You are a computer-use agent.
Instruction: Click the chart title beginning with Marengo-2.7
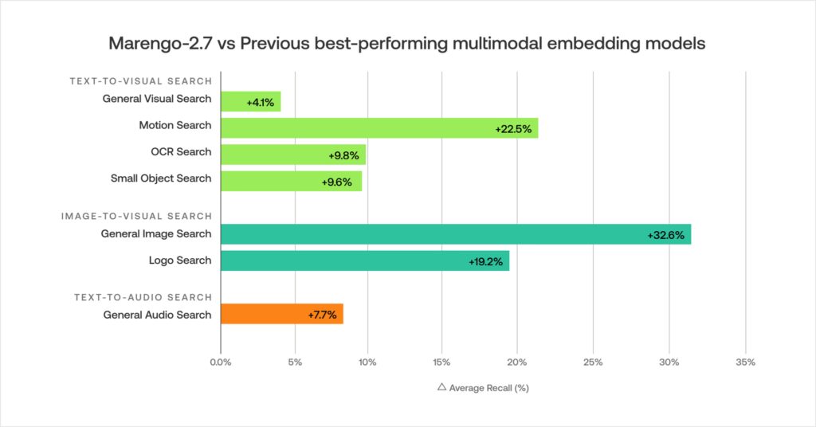[x=407, y=44]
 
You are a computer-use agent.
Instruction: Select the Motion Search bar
[x=379, y=127]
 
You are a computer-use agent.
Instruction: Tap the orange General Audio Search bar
[x=281, y=314]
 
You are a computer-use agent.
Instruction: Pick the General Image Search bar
[x=455, y=234]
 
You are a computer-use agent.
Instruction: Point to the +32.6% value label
[x=665, y=235]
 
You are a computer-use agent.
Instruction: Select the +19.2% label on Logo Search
[x=485, y=261]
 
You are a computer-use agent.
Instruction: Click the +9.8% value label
[x=343, y=155]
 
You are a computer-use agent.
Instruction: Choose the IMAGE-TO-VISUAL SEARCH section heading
[x=137, y=216]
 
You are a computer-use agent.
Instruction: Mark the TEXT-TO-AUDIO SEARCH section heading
[x=143, y=297]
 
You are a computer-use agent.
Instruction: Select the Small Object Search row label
[x=161, y=178]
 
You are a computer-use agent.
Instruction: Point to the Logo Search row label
[x=180, y=261]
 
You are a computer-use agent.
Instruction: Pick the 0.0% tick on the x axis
[x=220, y=362]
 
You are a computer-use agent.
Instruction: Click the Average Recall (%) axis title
[x=489, y=388]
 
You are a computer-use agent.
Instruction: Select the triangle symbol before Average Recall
[x=441, y=387]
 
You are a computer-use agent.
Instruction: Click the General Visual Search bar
[x=250, y=101]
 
